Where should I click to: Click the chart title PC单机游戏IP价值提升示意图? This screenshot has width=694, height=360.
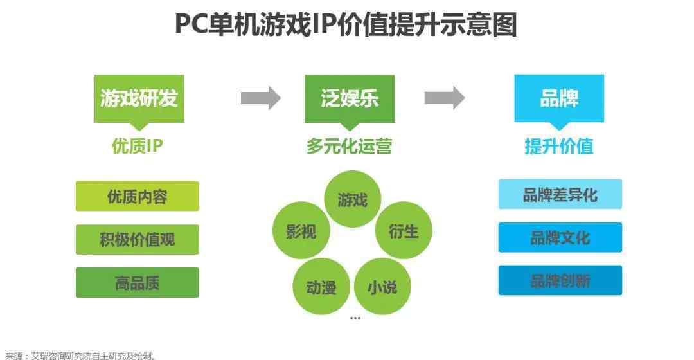click(x=346, y=24)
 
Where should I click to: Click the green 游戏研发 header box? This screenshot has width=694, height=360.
click(x=139, y=99)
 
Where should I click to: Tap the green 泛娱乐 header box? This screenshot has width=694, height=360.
click(x=350, y=99)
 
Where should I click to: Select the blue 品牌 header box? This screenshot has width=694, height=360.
click(x=559, y=98)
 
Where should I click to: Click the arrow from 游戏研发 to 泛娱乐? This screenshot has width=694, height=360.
click(x=261, y=98)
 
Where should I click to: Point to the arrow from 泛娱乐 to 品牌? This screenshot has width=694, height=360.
click(x=445, y=98)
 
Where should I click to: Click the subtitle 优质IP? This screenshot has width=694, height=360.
click(x=138, y=146)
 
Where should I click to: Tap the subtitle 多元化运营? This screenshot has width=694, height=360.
click(x=349, y=146)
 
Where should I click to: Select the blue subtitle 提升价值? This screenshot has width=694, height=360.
click(x=559, y=146)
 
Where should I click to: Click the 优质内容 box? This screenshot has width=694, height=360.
click(x=138, y=196)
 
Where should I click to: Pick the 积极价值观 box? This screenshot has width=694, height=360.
click(x=138, y=240)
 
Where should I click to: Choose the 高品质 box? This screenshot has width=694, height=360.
click(x=138, y=282)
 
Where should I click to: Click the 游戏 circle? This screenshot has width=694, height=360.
click(x=352, y=199)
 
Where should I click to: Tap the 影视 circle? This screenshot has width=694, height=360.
click(x=301, y=230)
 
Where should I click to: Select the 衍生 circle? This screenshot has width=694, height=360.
click(x=404, y=230)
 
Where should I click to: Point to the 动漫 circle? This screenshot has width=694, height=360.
click(x=321, y=287)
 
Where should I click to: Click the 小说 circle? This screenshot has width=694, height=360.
click(x=382, y=287)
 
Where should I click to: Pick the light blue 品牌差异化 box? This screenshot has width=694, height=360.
click(x=560, y=194)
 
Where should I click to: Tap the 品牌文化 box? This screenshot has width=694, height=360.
click(x=560, y=237)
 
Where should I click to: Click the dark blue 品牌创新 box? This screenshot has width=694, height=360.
click(x=560, y=280)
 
